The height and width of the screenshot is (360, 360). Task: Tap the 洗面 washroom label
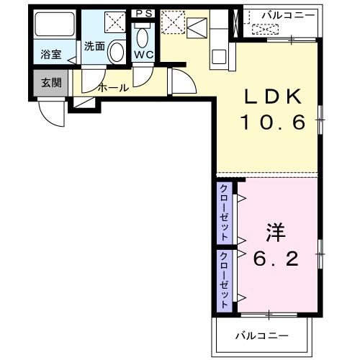click(x=94, y=46)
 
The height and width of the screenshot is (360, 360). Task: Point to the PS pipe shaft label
click(x=143, y=12)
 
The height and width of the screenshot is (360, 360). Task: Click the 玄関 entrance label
click(x=50, y=82)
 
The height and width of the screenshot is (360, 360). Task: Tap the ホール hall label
click(x=113, y=88)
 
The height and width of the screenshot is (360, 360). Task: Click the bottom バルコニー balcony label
click(x=262, y=336)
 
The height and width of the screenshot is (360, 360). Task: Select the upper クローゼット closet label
click(x=225, y=213)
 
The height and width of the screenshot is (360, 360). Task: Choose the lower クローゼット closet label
click(x=225, y=280)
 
